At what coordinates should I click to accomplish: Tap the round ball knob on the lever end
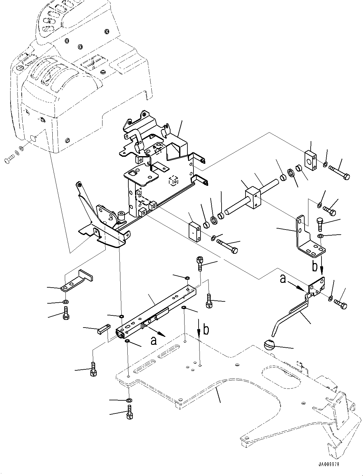point(269,345)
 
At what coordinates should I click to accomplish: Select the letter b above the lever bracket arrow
point(315,266)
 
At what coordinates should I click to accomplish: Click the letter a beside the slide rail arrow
point(154,341)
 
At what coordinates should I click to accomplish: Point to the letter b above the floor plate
point(206,329)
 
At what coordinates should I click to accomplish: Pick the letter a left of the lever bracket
point(283,279)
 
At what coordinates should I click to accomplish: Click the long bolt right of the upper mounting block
point(339,173)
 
